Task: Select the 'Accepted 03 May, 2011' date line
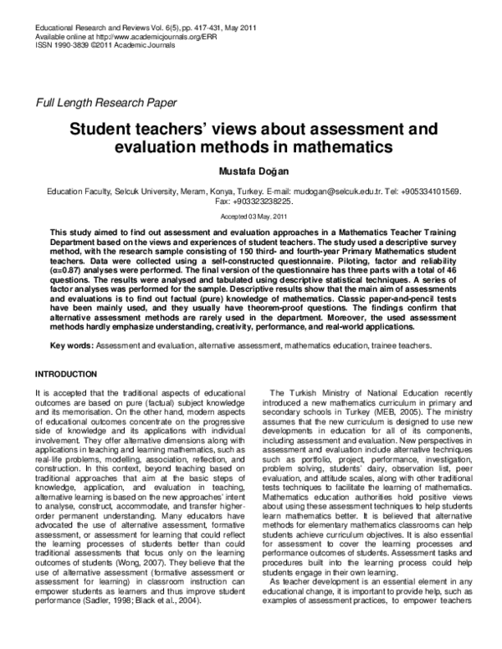pyautogui.click(x=251, y=216)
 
